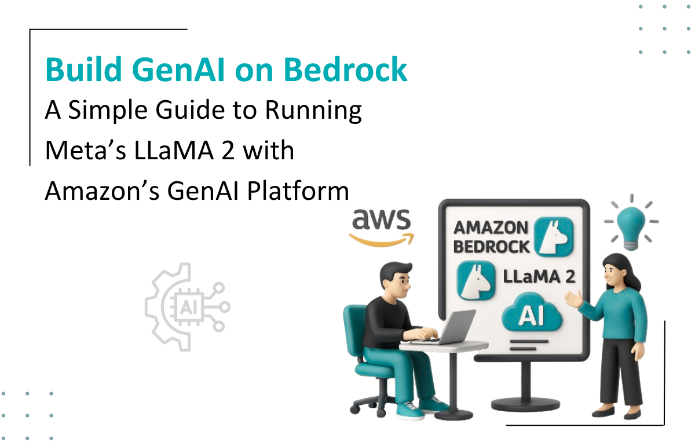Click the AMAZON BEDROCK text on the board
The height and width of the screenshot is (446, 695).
[491, 236]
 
